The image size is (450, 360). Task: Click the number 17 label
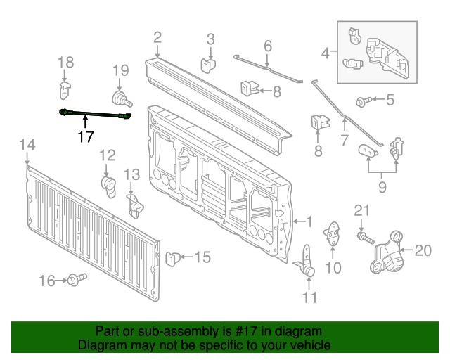85,136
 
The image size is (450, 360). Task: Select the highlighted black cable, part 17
96,114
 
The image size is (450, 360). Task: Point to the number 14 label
27,146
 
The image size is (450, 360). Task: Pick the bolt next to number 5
362,102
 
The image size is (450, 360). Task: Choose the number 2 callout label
157,37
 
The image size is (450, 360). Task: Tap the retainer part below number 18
64,90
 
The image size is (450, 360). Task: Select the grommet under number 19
120,97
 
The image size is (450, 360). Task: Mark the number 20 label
423,250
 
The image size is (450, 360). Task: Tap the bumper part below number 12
108,184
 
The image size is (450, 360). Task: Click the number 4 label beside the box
326,52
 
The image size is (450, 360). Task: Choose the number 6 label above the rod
268,46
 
